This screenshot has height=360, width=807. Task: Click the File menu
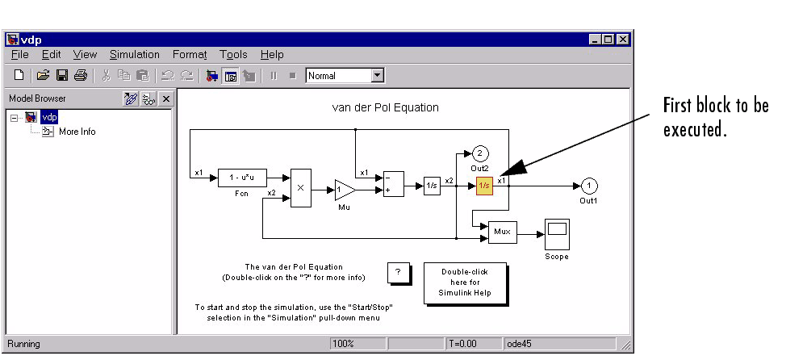point(20,54)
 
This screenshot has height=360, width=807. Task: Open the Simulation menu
point(135,54)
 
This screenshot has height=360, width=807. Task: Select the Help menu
point(272,54)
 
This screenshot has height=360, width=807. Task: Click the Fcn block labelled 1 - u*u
point(242,178)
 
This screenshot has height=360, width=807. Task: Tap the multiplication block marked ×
point(300,188)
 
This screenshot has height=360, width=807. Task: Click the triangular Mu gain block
point(343,190)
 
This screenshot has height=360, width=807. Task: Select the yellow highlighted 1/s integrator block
point(484,185)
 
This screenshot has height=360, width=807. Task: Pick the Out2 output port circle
point(479,153)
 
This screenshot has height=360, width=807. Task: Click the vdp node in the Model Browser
point(49,117)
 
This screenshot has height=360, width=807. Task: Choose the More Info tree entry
point(77,132)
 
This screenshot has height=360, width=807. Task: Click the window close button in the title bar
point(622,39)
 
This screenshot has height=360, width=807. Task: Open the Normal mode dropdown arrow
point(377,76)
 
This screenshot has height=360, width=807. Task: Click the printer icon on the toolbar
point(80,76)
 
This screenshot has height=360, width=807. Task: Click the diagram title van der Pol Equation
point(386,107)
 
